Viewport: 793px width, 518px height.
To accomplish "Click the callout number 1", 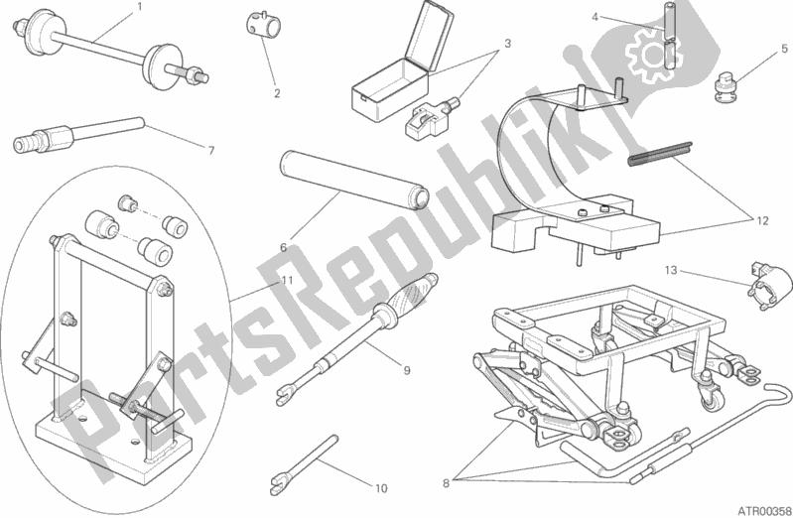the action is tap(140, 7).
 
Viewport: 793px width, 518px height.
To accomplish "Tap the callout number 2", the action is tap(277, 93).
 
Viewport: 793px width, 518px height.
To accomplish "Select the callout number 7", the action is tap(211, 150).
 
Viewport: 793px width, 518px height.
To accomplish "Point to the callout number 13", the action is tap(670, 270).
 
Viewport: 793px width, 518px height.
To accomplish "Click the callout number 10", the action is tap(381, 488).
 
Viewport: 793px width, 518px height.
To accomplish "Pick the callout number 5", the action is tap(784, 49).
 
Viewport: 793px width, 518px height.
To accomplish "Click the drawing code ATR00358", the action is tap(762, 510).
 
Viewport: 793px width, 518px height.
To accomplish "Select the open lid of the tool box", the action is tap(430, 36).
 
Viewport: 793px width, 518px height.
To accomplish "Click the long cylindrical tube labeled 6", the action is tap(354, 180).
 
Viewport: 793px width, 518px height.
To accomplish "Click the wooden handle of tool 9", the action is tap(410, 295).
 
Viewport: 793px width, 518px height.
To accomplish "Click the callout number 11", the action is tap(287, 280).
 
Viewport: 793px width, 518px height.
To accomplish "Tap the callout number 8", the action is tap(446, 483).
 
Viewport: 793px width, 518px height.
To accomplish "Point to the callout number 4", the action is tap(595, 17).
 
